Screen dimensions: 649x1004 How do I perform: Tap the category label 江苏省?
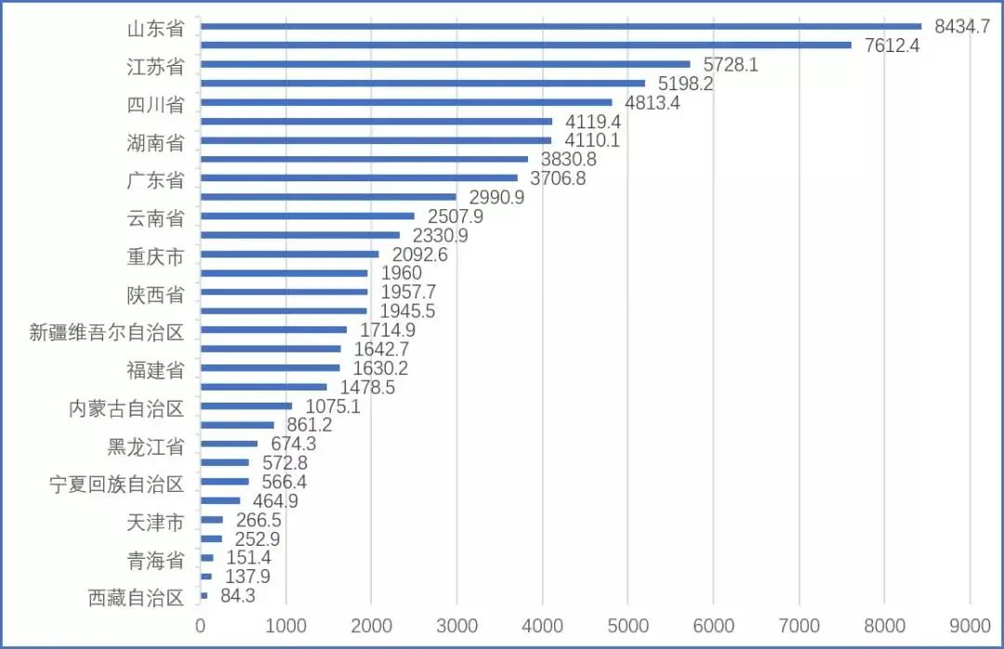pos(155,66)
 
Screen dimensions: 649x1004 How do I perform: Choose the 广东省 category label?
pos(155,179)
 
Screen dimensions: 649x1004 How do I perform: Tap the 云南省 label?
pos(155,219)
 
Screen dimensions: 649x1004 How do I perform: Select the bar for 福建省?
pos(270,367)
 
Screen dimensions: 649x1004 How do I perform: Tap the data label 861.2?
pos(310,425)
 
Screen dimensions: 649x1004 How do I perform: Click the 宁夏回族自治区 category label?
pos(117,484)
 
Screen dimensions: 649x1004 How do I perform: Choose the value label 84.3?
pos(239,595)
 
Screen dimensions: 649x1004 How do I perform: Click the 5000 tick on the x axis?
pos(627,626)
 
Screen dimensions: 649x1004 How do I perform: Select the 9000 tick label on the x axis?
pos(970,626)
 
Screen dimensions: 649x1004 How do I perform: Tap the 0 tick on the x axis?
pos(200,626)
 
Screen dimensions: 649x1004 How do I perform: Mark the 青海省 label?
pos(155,560)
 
